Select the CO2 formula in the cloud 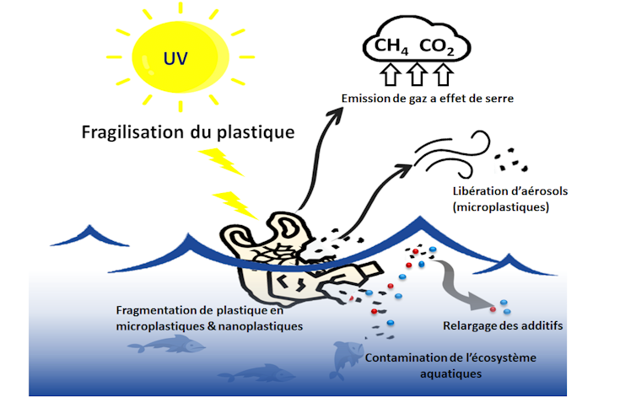click(438, 47)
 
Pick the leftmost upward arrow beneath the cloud click(389, 78)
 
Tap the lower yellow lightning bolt click(232, 202)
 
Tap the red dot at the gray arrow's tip click(493, 310)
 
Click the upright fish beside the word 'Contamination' click(346, 357)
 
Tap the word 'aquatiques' click(450, 373)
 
